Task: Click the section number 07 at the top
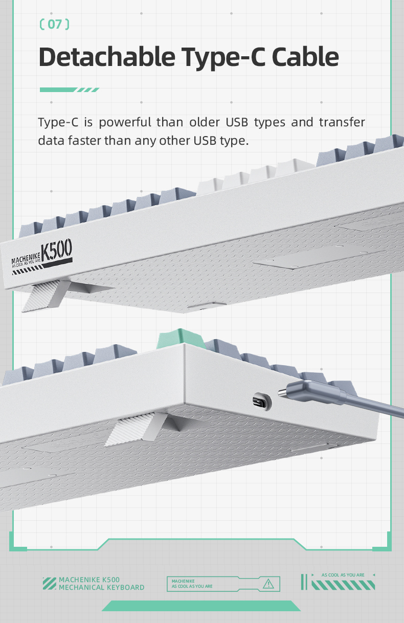[54, 24]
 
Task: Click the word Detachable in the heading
[104, 57]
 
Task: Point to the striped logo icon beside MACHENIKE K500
[49, 583]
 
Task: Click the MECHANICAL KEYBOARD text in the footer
[101, 588]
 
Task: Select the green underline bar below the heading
[69, 90]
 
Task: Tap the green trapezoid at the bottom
[201, 606]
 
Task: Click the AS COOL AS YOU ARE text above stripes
[343, 575]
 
